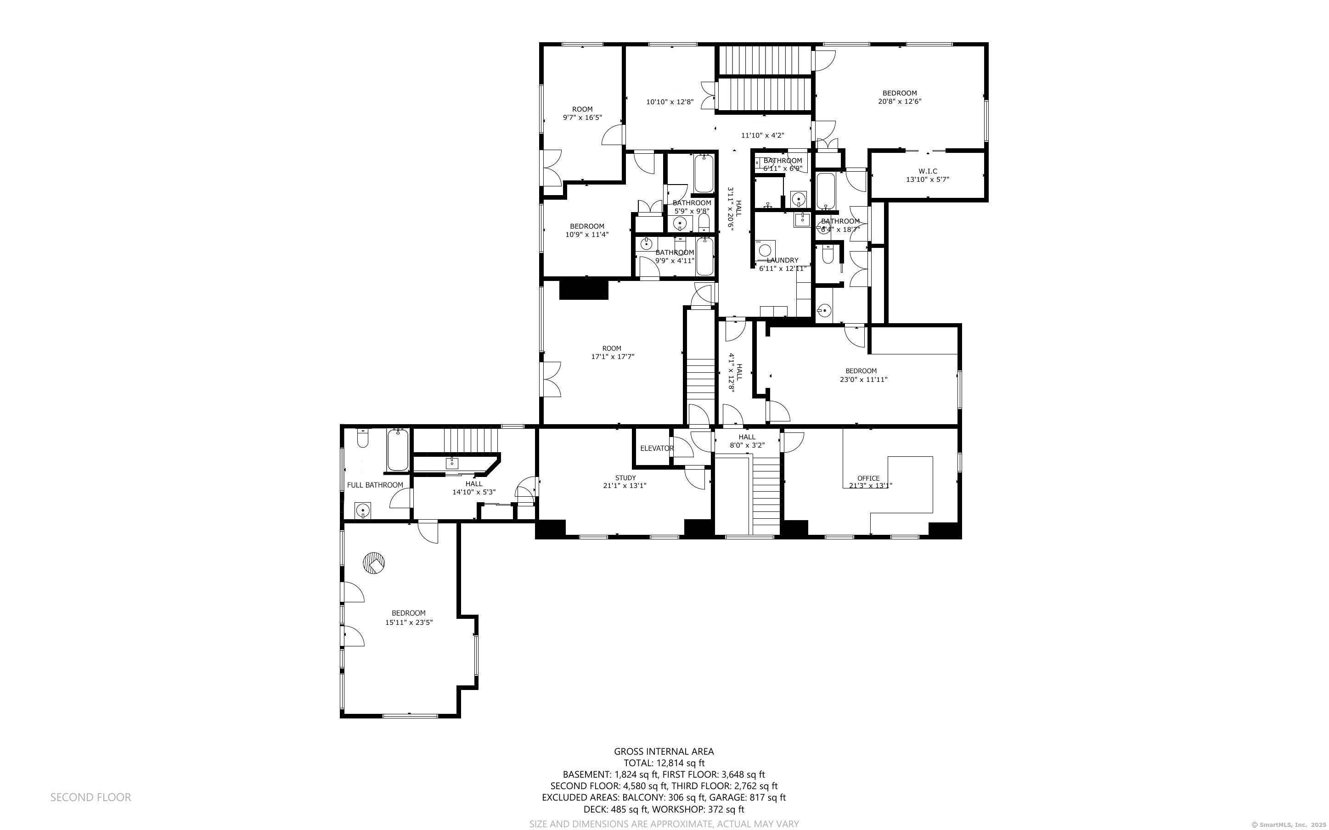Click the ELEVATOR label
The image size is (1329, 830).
657,449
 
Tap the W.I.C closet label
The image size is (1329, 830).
927,171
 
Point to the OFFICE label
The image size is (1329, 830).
868,478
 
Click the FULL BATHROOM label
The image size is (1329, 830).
375,485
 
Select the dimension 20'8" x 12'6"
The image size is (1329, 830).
899,101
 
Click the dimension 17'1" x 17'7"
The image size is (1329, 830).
612,357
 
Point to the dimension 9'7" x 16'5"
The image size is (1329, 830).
582,118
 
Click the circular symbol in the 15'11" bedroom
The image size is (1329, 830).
374,563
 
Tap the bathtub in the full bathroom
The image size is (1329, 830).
397,450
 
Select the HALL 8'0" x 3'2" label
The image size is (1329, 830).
747,441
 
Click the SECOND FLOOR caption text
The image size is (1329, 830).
90,797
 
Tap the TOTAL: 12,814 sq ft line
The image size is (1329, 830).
664,763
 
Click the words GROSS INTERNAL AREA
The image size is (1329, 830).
664,751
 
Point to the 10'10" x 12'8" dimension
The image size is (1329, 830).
670,102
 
